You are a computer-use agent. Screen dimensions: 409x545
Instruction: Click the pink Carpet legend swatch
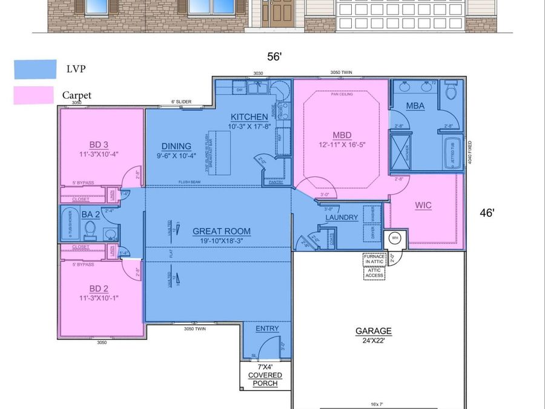(33, 95)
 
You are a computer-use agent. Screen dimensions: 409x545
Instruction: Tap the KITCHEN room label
(248, 117)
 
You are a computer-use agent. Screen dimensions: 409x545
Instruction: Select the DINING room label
(176, 146)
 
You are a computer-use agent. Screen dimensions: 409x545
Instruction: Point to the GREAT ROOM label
(221, 231)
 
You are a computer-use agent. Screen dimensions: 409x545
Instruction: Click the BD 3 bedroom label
(99, 144)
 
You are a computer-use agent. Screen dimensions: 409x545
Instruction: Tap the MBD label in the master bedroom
(342, 135)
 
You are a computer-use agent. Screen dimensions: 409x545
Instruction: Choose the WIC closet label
(423, 205)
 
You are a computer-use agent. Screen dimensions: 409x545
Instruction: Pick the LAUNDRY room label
(342, 218)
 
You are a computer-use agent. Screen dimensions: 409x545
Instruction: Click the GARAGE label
(374, 331)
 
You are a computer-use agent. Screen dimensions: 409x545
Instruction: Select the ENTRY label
(267, 328)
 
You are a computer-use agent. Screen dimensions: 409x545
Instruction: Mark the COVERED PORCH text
(265, 379)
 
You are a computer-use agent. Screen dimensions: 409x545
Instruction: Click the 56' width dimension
(275, 57)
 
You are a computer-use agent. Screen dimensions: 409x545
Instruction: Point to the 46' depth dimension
(487, 213)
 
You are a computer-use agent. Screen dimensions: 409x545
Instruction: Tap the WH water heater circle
(394, 238)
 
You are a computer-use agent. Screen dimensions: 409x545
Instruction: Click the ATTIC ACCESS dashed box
(374, 273)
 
